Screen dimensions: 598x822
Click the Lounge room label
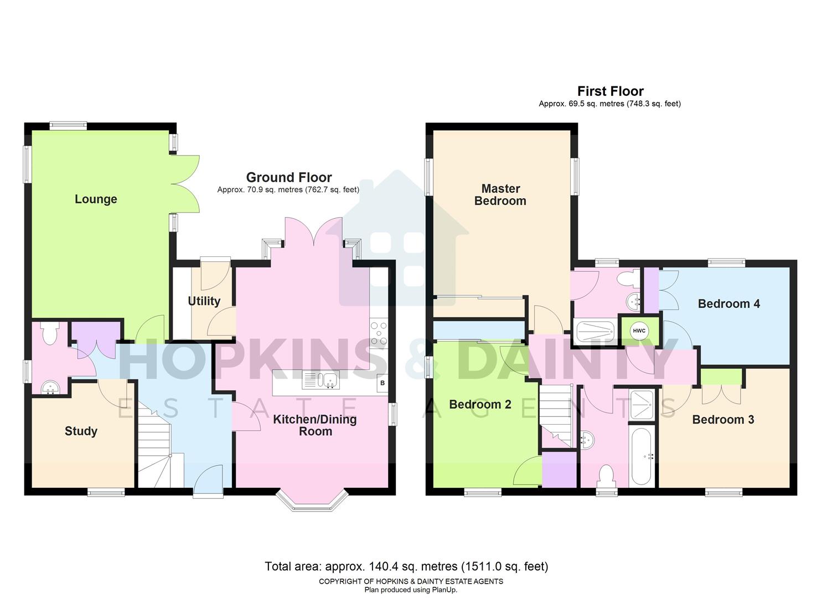pyautogui.click(x=96, y=199)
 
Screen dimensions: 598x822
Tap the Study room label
pyautogui.click(x=81, y=431)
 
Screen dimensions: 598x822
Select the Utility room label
pyautogui.click(x=204, y=301)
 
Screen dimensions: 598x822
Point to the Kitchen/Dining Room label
pyautogui.click(x=315, y=425)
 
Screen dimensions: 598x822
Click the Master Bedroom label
pyautogui.click(x=500, y=195)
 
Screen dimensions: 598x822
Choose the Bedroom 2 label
pyautogui.click(x=480, y=405)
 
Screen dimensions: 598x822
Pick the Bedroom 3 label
pyautogui.click(x=723, y=420)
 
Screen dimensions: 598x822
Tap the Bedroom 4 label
pyautogui.click(x=728, y=304)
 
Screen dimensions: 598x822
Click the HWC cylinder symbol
pyautogui.click(x=639, y=331)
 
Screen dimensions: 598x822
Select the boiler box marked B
pyautogui.click(x=382, y=383)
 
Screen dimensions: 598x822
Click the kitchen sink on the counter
pyautogui.click(x=321, y=380)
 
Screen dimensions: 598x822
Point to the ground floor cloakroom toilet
pyautogui.click(x=49, y=334)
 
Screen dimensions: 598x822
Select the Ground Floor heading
pyautogui.click(x=289, y=178)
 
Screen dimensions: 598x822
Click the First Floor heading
pyautogui.click(x=610, y=91)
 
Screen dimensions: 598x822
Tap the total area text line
pyautogui.click(x=406, y=566)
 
